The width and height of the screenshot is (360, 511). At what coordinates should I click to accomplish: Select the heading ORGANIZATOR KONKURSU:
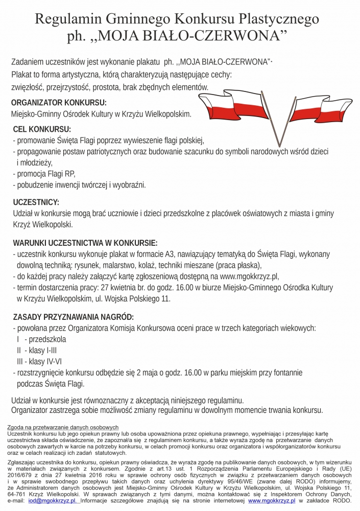coord(59,102)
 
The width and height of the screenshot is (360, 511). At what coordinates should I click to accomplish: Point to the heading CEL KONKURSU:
coord(42,129)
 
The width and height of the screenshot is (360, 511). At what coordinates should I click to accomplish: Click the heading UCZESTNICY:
coord(36,202)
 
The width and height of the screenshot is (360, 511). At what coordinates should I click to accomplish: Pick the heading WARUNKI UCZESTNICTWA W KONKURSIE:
coord(85,242)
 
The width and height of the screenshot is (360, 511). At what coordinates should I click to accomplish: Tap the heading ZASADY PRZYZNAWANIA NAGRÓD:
coord(74,316)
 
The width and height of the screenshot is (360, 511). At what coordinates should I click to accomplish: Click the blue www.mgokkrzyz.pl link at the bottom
coord(272,502)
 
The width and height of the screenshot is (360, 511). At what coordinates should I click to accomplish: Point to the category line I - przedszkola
coord(41,339)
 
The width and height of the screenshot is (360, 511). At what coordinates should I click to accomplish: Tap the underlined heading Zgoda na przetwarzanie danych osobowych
coord(63,427)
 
